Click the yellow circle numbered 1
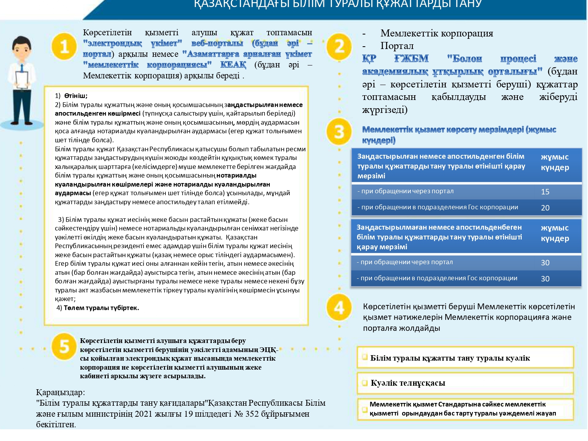[x=64, y=47]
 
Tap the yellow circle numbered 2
[x=339, y=47]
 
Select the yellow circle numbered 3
[x=339, y=132]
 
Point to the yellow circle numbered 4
[x=339, y=307]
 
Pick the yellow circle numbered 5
[x=64, y=347]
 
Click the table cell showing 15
[x=545, y=192]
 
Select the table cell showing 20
[x=545, y=208]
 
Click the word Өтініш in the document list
[x=76, y=96]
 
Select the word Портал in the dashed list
[x=397, y=46]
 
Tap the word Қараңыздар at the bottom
[x=60, y=392]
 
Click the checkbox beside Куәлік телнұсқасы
[x=365, y=383]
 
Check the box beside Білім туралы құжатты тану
[x=365, y=357]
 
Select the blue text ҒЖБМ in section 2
[x=411, y=59]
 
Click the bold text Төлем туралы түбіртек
[x=101, y=308]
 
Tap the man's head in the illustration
[x=22, y=47]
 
